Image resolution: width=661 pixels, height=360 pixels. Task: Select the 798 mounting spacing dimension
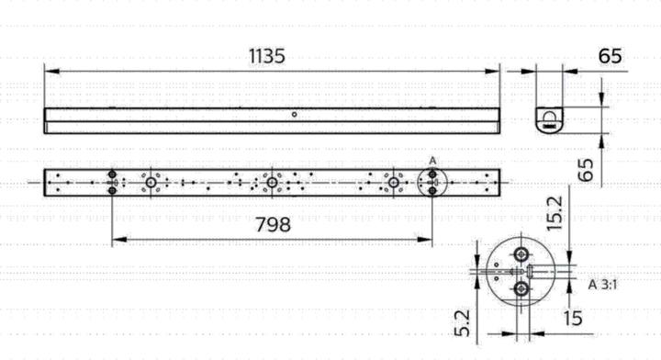273,224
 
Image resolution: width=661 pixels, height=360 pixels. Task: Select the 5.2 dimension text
463,321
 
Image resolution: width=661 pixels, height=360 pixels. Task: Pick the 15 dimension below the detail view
573,318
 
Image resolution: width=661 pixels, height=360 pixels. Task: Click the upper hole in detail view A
521,253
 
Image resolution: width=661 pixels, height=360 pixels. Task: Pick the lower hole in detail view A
521,289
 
